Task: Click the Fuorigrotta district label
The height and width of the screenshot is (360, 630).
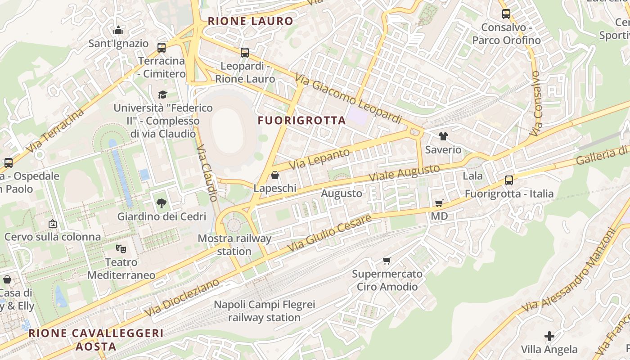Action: pyautogui.click(x=301, y=121)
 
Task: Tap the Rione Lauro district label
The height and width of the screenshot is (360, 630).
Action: pyautogui.click(x=250, y=21)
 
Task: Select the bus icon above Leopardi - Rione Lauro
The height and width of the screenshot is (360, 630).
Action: pyautogui.click(x=245, y=53)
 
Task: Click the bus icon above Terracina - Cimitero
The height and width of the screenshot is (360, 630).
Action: pyautogui.click(x=162, y=47)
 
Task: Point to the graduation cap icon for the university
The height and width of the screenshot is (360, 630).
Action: pyautogui.click(x=162, y=94)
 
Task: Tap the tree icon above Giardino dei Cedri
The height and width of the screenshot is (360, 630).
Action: pyautogui.click(x=162, y=203)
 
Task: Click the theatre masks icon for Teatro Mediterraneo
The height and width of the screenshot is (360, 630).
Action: pyautogui.click(x=121, y=248)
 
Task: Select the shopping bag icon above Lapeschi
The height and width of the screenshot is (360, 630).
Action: pyautogui.click(x=275, y=175)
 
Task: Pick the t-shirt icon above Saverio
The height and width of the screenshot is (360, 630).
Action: pyautogui.click(x=443, y=136)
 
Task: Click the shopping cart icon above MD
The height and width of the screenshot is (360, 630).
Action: pyautogui.click(x=439, y=203)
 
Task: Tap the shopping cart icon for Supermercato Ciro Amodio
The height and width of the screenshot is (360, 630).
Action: pyautogui.click(x=387, y=261)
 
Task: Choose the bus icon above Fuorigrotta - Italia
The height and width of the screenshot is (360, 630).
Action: pyautogui.click(x=509, y=180)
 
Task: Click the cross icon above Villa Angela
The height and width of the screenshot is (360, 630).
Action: pyautogui.click(x=549, y=336)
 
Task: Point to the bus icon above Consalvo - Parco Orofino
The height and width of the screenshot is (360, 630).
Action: pyautogui.click(x=506, y=14)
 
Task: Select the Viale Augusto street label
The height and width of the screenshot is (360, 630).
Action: pyautogui.click(x=404, y=173)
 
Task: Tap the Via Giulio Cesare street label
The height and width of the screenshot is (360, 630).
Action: pyautogui.click(x=330, y=233)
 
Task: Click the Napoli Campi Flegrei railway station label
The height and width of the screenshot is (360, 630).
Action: pyautogui.click(x=264, y=311)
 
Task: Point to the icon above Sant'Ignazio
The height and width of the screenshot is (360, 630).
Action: pyautogui.click(x=118, y=31)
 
